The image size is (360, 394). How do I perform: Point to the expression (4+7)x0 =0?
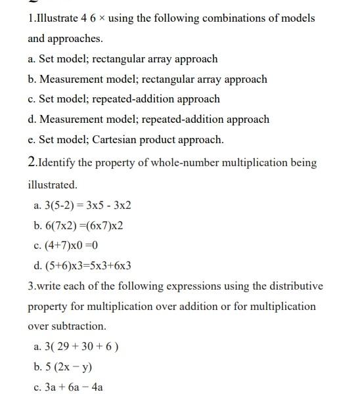point(65,246)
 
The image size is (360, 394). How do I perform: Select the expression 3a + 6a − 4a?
point(68,387)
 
